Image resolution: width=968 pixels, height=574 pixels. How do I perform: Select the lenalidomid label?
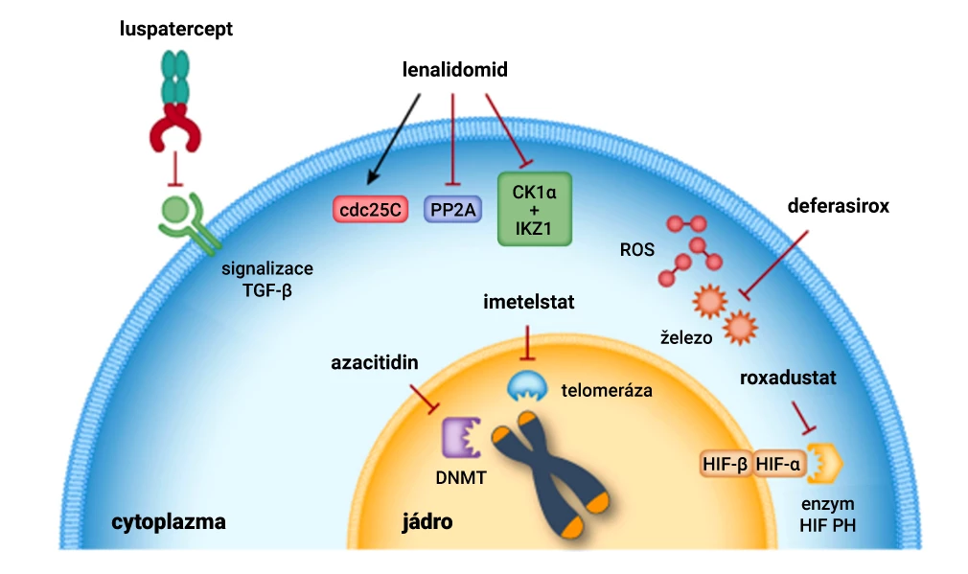pos(454,70)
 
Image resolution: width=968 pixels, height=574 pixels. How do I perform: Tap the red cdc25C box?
pos(369,209)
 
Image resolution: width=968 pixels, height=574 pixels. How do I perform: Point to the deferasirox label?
pos(839,206)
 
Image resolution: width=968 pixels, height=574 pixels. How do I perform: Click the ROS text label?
pos(637,251)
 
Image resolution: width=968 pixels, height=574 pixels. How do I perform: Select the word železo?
pos(686,337)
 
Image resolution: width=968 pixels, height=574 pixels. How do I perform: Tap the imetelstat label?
pos(529,303)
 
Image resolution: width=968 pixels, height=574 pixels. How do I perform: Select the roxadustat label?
pos(788,378)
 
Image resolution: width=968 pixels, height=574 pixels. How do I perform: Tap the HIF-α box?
pos(779,465)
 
